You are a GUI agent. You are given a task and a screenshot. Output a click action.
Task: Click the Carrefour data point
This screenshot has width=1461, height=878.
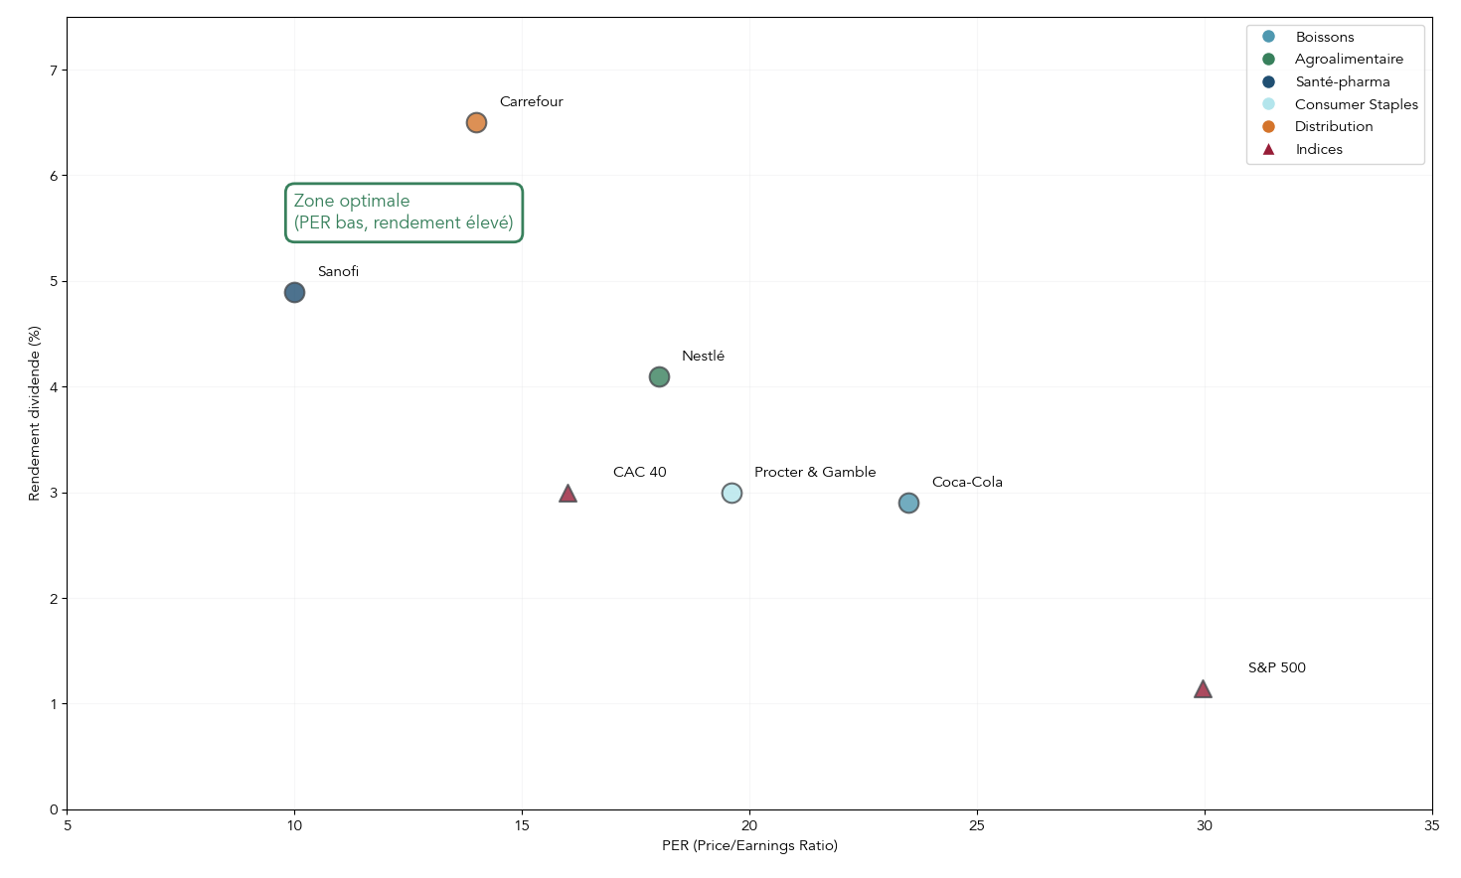(x=476, y=122)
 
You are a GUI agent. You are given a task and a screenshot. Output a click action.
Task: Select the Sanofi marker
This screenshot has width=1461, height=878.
(x=294, y=292)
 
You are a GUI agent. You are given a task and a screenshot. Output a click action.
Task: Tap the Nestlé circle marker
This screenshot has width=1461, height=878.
(x=659, y=376)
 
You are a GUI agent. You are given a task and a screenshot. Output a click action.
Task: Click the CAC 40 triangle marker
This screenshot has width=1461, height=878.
(x=568, y=494)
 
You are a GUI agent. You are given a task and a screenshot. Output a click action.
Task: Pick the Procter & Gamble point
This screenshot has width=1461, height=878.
(x=731, y=493)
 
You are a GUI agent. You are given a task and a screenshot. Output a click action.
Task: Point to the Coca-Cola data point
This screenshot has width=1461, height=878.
(x=908, y=503)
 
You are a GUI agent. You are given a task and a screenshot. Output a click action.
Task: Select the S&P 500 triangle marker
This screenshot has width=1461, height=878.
(x=1203, y=689)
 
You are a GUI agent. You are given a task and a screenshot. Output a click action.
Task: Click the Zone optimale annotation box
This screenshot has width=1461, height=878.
(x=404, y=212)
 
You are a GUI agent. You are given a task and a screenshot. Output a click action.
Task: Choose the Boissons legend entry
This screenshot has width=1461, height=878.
(x=1324, y=37)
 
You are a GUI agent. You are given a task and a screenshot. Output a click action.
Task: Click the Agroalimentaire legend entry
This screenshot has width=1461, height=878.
(x=1348, y=59)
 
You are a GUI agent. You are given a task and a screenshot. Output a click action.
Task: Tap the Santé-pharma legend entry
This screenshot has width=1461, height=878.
(x=1342, y=81)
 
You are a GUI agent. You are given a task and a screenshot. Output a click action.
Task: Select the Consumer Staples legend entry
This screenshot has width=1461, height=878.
(x=1356, y=104)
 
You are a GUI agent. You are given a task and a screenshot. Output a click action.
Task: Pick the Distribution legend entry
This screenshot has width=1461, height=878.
(x=1333, y=126)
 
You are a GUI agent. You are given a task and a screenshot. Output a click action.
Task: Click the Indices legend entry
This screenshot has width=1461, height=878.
(x=1318, y=149)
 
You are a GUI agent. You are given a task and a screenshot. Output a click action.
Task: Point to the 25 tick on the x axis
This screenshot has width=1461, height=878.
(x=977, y=825)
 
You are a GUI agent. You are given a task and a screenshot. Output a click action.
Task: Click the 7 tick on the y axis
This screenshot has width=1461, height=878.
(x=54, y=71)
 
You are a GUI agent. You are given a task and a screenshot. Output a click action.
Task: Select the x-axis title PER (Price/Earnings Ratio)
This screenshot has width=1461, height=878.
(x=749, y=845)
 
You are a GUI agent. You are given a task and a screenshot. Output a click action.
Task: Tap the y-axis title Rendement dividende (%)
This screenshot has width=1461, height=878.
(x=34, y=412)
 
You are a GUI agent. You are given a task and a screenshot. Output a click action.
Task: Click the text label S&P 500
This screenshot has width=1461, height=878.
(x=1276, y=667)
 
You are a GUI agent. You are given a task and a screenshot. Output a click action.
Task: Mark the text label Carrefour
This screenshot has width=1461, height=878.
(x=531, y=101)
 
